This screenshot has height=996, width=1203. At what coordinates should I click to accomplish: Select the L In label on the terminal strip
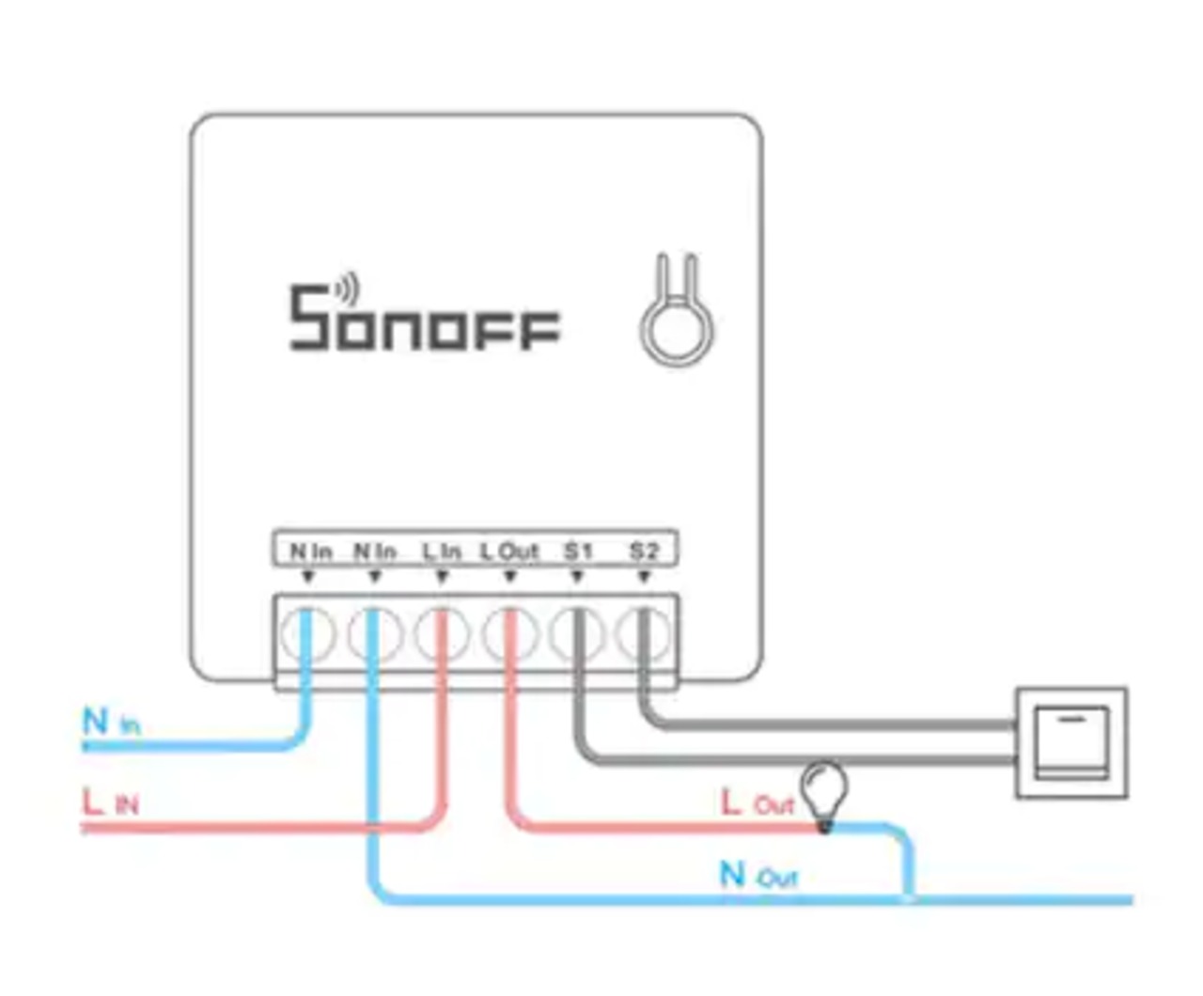point(441,552)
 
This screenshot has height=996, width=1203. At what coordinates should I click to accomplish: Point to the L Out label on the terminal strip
point(509,552)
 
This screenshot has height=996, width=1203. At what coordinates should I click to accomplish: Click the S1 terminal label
point(577,551)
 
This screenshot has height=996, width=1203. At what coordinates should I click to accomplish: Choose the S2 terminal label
point(644,551)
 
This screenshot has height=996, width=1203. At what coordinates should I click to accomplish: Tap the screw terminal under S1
point(577,635)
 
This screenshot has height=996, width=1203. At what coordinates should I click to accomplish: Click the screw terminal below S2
point(645,635)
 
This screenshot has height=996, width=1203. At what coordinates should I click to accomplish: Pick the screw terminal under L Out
point(509,635)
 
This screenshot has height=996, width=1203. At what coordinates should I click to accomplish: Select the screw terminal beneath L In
point(442,635)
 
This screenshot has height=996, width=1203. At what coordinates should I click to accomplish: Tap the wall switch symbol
point(1071,742)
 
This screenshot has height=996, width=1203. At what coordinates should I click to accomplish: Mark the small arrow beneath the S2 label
point(644,577)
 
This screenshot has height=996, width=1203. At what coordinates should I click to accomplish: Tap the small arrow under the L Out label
point(509,577)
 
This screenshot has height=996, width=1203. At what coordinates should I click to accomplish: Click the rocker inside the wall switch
point(1071,742)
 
